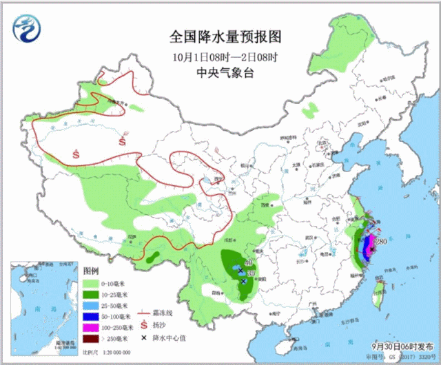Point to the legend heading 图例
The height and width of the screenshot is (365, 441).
point(92,270)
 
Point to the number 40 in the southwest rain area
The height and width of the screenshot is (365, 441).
point(247,262)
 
